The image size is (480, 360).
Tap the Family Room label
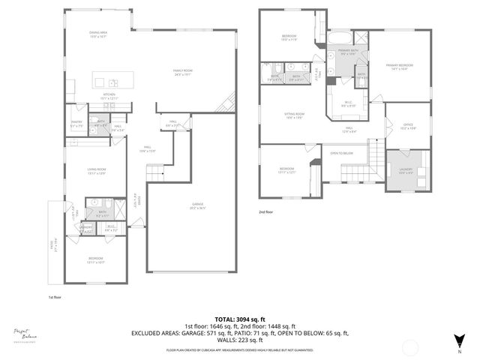pyautogui.click(x=184, y=72)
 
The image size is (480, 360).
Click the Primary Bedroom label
pyautogui.click(x=400, y=67)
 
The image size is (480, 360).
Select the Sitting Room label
pyautogui.click(x=293, y=115)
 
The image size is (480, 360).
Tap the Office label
pyautogui.click(x=407, y=127)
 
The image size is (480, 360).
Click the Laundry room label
pyautogui.click(x=406, y=171)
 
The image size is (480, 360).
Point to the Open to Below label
pyautogui.click(x=342, y=154)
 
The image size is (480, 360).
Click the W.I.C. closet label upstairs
pyautogui.click(x=348, y=103)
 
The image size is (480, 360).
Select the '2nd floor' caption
pyautogui.click(x=266, y=212)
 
